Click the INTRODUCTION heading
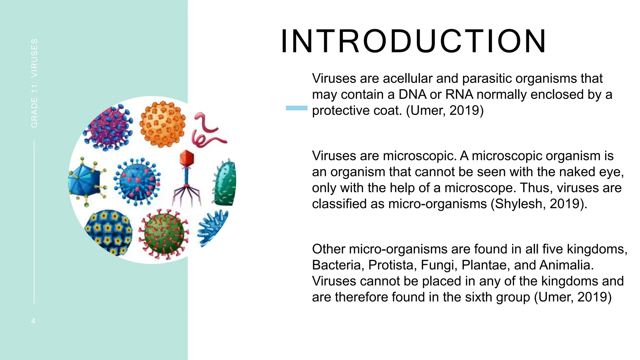[x=413, y=42]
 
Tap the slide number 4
[x=33, y=321]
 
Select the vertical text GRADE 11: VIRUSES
[x=34, y=83]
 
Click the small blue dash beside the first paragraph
[x=296, y=108]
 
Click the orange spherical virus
[x=162, y=124]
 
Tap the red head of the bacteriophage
[x=187, y=158]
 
